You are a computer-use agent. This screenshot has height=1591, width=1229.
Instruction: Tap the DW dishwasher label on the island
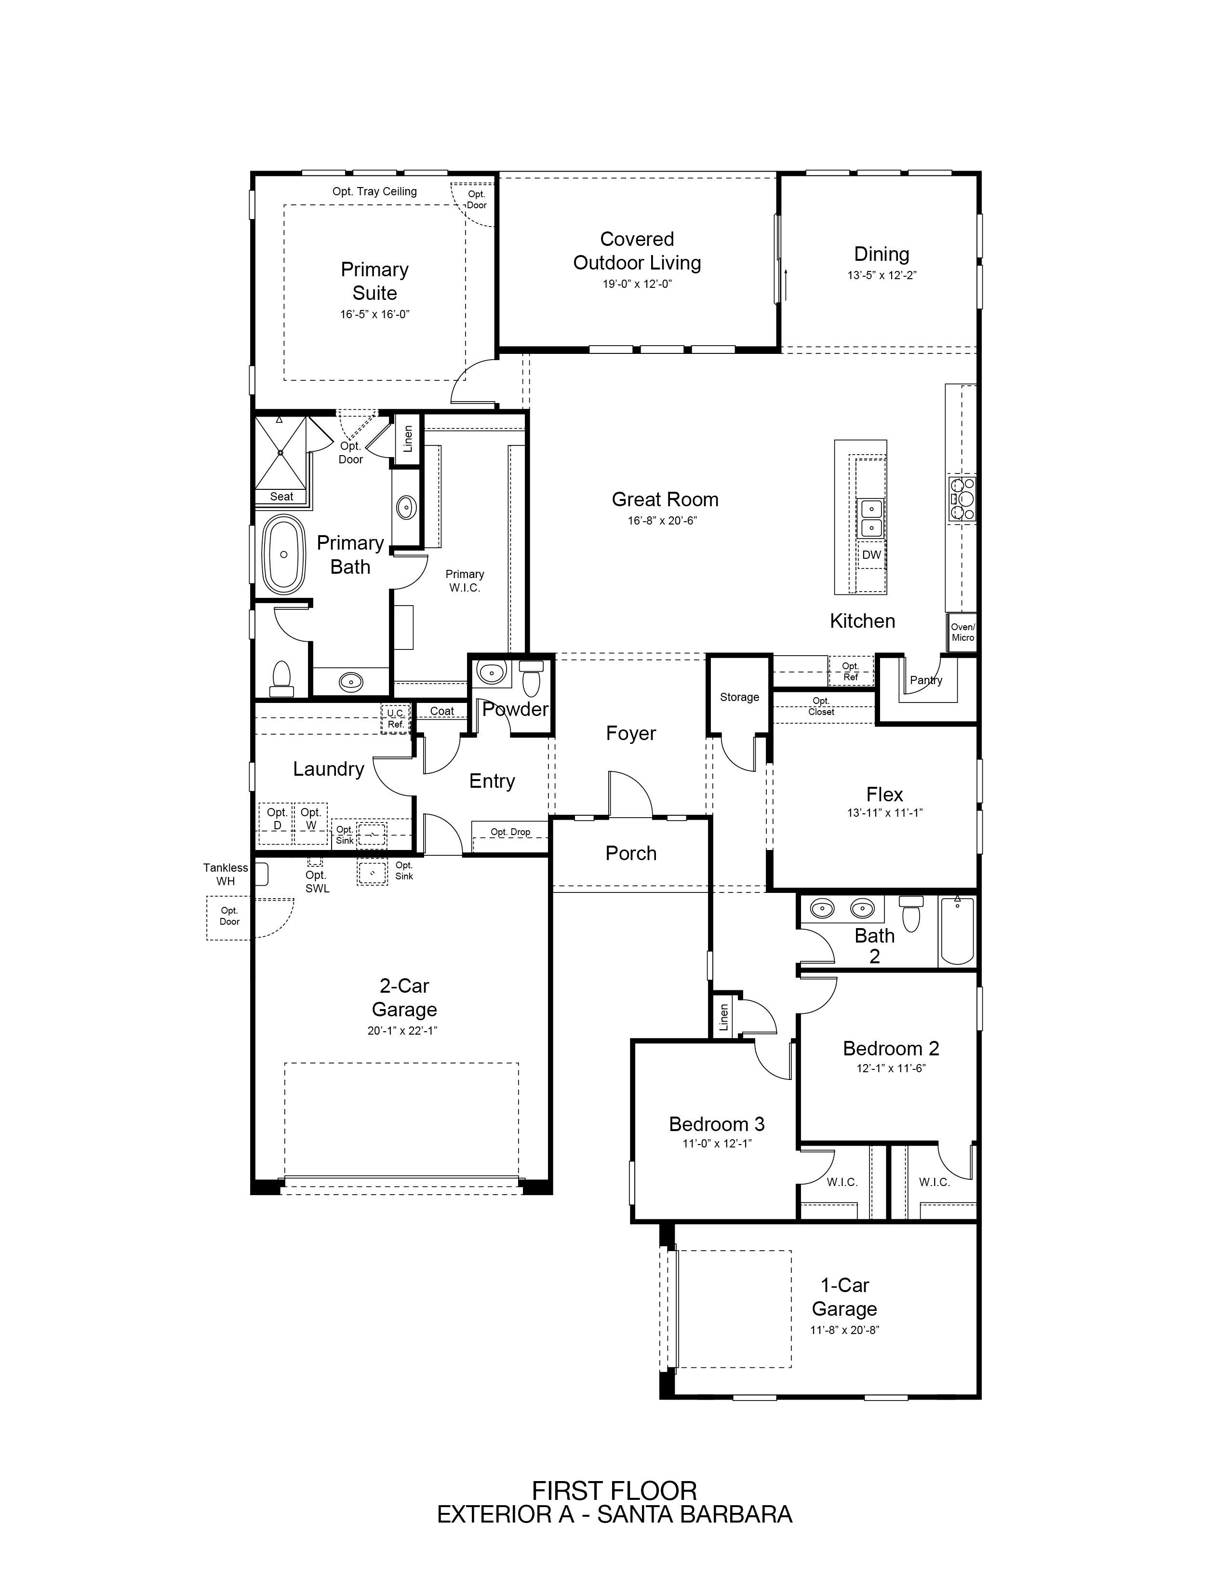tap(871, 554)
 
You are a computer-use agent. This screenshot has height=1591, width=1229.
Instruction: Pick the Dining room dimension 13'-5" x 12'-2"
tap(881, 275)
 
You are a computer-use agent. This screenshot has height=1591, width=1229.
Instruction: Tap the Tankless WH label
tap(226, 874)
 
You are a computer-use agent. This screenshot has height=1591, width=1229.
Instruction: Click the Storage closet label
tap(739, 697)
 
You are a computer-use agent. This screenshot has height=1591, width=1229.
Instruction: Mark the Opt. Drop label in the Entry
tap(510, 832)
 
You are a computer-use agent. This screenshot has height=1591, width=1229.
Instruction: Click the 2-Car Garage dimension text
tap(402, 1031)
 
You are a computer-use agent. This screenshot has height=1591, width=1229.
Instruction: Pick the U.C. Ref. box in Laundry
tap(395, 719)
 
